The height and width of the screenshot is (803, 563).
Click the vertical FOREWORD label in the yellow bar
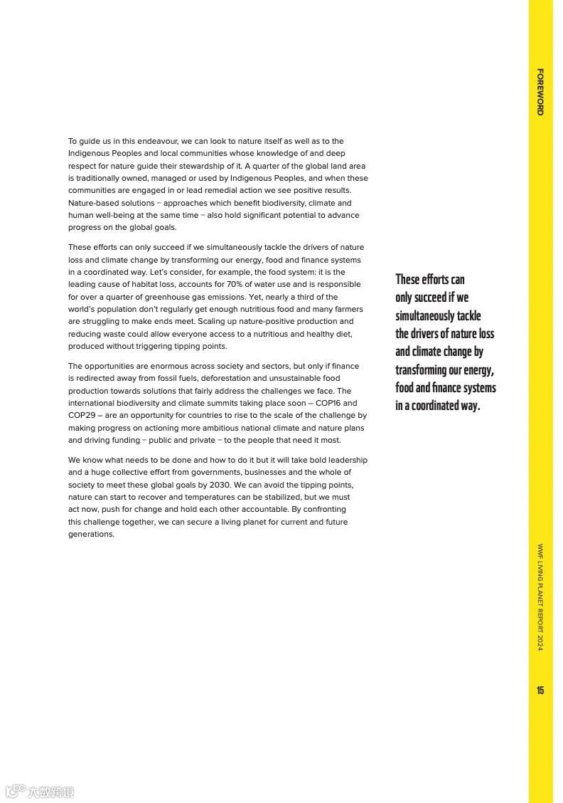tap(540, 92)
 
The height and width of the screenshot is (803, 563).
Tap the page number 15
tap(540, 691)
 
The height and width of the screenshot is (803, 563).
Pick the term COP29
tap(84, 415)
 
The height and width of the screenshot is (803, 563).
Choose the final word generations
tap(91, 535)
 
